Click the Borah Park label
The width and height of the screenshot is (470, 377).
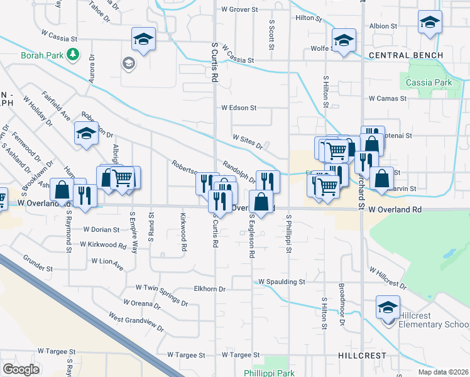[42, 55]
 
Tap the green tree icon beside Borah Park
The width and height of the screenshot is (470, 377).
[74, 55]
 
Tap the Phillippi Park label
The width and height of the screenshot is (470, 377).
[269, 373]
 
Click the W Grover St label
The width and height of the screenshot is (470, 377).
[239, 9]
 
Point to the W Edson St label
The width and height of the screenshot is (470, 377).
[239, 107]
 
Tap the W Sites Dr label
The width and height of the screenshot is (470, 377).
[248, 141]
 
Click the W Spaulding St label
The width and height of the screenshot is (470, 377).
[281, 282]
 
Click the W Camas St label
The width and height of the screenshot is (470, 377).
[389, 99]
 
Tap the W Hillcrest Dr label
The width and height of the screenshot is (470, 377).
[387, 280]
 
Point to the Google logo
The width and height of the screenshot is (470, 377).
[21, 369]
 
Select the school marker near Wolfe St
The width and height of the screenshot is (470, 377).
[344, 41]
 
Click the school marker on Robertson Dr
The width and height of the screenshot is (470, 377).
[86, 133]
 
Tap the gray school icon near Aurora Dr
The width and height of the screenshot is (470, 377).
[128, 63]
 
